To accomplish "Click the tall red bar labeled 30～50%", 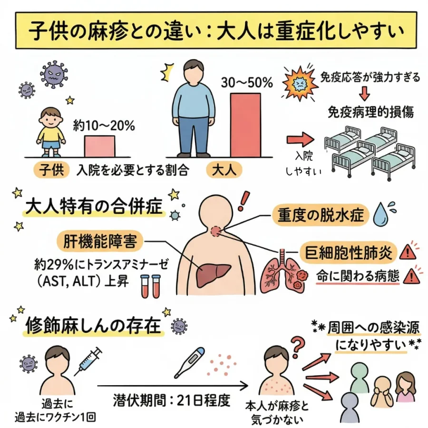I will point(245,125).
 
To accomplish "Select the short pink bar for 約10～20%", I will point(99,146).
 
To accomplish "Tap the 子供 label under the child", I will point(51,170).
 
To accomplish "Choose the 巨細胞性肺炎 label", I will point(348,252).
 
